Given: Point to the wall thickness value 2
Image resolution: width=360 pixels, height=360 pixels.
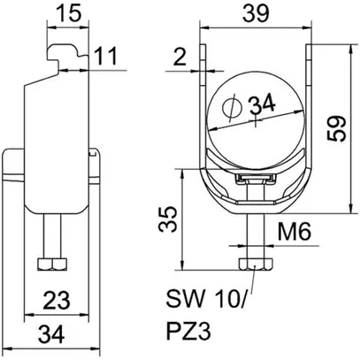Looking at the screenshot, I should [x=181, y=60].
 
